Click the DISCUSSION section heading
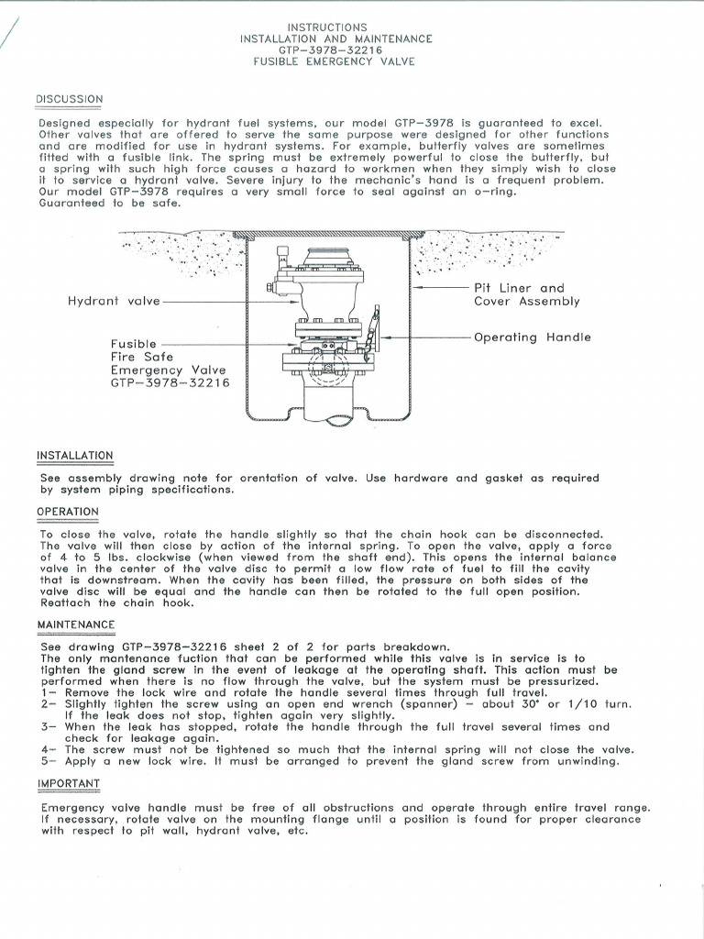[70, 99]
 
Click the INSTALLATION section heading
[75, 456]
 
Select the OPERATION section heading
[68, 512]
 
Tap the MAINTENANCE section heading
[76, 624]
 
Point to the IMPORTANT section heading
[69, 784]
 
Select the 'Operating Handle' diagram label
[533, 337]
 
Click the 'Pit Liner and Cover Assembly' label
[526, 294]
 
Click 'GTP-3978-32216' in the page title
[335, 50]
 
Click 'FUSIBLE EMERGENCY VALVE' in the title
[335, 61]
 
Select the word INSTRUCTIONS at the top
[327, 28]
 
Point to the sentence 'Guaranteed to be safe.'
[111, 204]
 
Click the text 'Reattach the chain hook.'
[116, 603]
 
